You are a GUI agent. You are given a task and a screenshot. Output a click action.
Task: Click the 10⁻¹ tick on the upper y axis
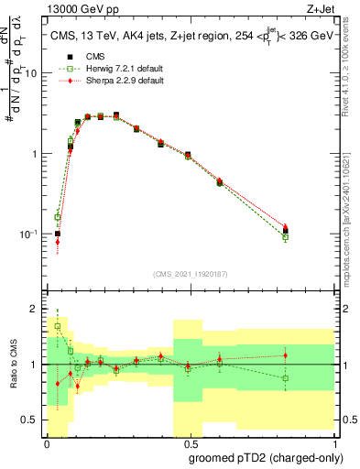[30, 234]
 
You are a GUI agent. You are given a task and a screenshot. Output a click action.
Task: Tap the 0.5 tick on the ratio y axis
[32, 420]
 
